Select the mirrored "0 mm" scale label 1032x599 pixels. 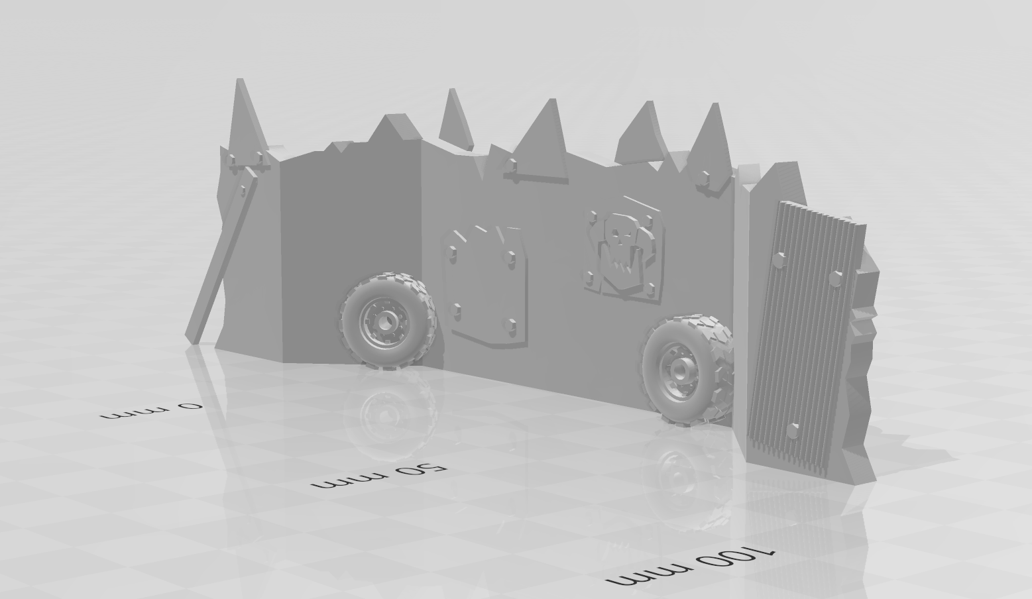coord(152,411)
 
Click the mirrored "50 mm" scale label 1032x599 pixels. coord(379,476)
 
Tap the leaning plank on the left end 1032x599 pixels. coord(221,255)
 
